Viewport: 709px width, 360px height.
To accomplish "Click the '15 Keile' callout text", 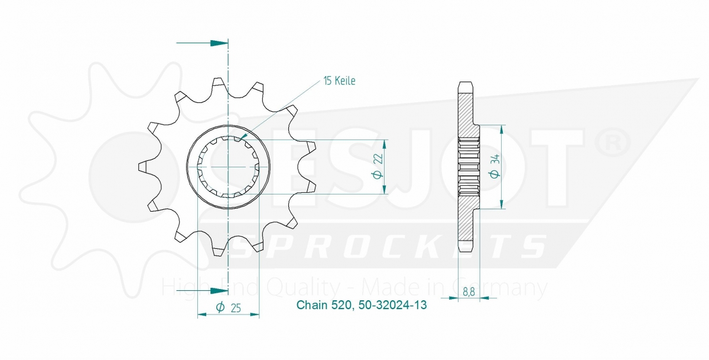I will tap(339, 81).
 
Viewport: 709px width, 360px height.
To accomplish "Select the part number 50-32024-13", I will tap(393, 306).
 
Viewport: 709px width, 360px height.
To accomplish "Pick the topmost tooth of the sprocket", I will tap(219, 83).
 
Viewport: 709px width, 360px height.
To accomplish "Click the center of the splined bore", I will tap(228, 167).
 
